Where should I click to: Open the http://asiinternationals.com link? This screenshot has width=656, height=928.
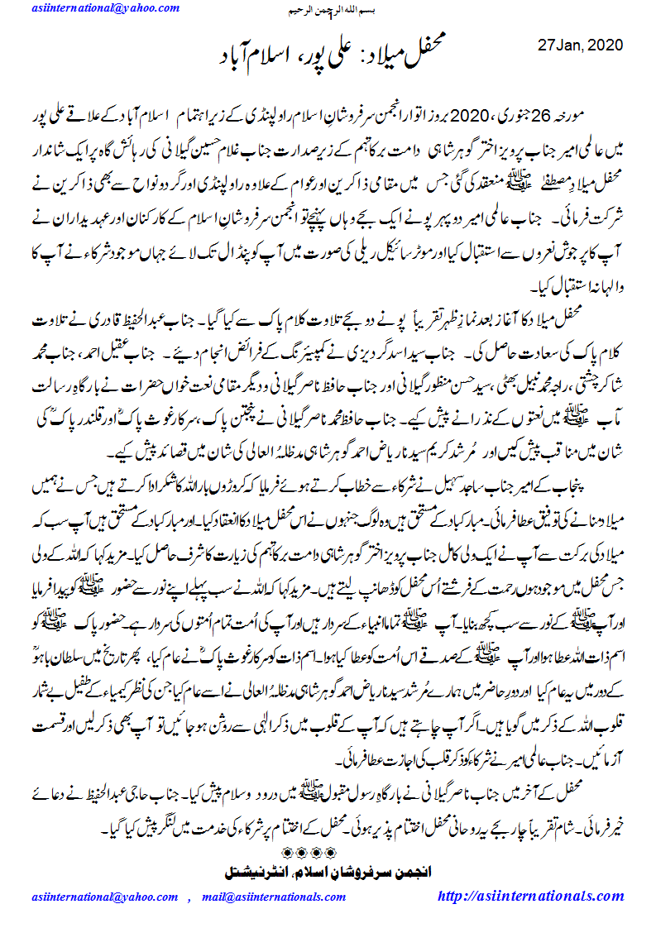[x=542, y=897]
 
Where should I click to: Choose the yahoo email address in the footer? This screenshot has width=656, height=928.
[x=103, y=897]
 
